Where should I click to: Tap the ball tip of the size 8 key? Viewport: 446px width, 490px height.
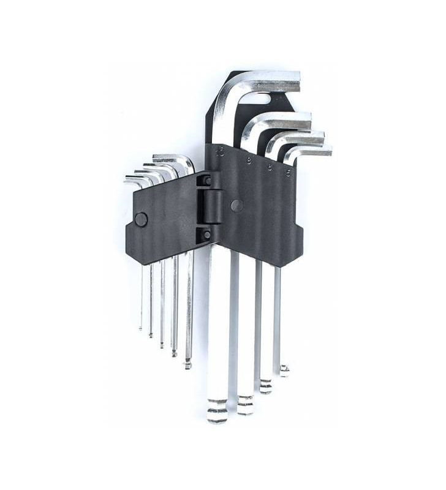[x=246, y=404]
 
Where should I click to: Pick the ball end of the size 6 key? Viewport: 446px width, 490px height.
[x=265, y=386]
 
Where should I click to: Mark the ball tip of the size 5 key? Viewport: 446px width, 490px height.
[x=284, y=369]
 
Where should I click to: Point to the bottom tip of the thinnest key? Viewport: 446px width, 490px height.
[x=140, y=327]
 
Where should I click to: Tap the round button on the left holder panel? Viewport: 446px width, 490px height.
[x=141, y=219]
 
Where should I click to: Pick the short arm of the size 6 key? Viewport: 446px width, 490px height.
[x=300, y=137]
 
